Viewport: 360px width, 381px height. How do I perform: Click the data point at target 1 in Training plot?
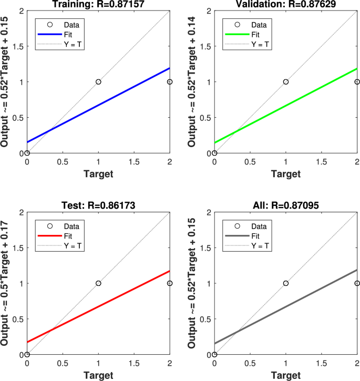(x=98, y=82)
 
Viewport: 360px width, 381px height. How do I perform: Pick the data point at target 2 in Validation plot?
(x=357, y=82)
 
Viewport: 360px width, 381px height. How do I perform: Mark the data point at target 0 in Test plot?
(x=27, y=354)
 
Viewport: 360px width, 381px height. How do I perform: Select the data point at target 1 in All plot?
(x=286, y=283)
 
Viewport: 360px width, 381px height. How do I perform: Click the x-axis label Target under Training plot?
(x=98, y=174)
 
